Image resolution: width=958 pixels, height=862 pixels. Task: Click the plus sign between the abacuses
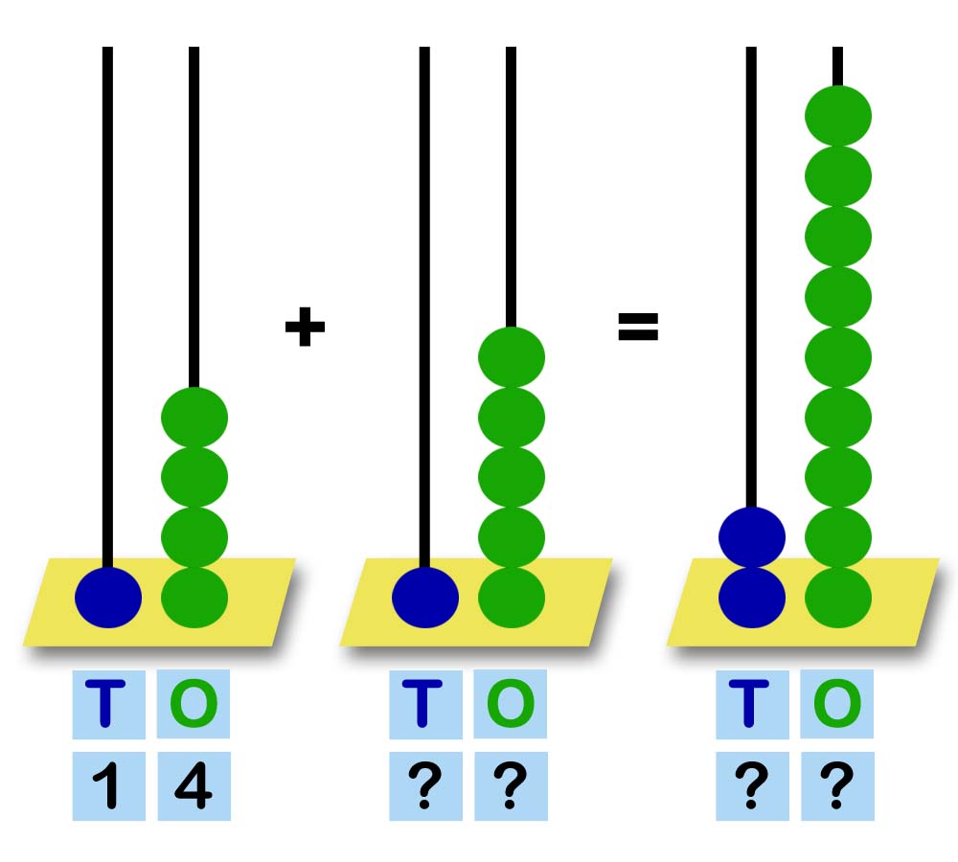pyautogui.click(x=306, y=329)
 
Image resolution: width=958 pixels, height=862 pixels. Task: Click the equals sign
pyautogui.click(x=638, y=328)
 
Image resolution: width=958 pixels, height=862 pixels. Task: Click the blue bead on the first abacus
pyautogui.click(x=108, y=598)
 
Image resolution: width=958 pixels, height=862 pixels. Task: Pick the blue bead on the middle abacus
pyautogui.click(x=425, y=598)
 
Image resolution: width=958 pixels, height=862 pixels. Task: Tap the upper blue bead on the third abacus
pyautogui.click(x=752, y=537)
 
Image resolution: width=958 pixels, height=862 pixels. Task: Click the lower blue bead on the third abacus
pyautogui.click(x=752, y=598)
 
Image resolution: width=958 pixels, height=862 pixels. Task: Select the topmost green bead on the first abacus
pyautogui.click(x=194, y=418)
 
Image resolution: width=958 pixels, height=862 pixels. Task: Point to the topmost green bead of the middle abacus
pyautogui.click(x=512, y=357)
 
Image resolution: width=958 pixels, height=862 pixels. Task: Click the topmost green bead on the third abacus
pyautogui.click(x=838, y=116)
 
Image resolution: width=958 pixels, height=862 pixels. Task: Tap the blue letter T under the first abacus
pyautogui.click(x=107, y=705)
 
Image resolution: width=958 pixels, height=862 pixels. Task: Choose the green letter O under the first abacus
pyautogui.click(x=194, y=705)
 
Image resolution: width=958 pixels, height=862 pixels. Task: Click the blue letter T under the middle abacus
pyautogui.click(x=424, y=705)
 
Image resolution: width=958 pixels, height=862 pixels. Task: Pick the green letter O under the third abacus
pyautogui.click(x=837, y=705)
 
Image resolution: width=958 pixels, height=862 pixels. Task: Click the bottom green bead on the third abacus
pyautogui.click(x=838, y=598)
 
